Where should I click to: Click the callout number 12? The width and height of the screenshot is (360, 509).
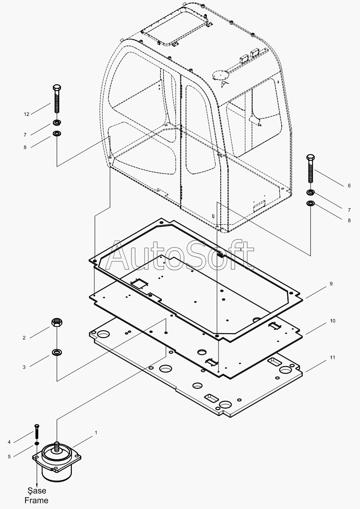click(x=26, y=114)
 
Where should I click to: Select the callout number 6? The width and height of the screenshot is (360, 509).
click(x=349, y=186)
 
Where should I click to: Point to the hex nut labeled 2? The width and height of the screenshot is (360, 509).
click(x=56, y=322)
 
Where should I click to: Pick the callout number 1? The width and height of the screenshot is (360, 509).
click(x=96, y=432)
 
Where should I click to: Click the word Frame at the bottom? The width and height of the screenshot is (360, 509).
click(x=36, y=500)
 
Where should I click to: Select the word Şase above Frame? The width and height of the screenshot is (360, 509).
click(x=36, y=491)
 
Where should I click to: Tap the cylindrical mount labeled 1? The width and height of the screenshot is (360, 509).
click(x=57, y=463)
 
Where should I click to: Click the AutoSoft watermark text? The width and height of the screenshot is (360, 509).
click(x=180, y=255)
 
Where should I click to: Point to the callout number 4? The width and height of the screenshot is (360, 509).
click(x=21, y=442)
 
